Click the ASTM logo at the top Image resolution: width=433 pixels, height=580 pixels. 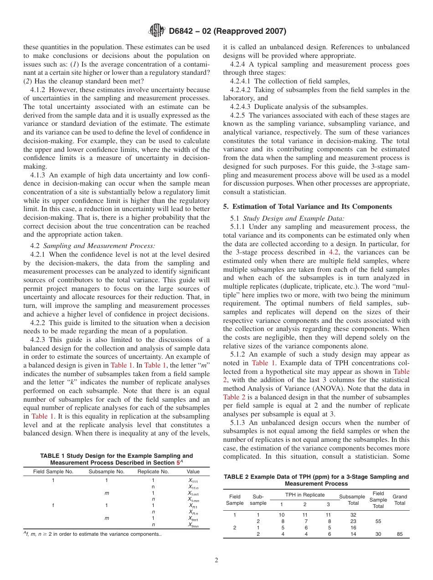click(157, 31)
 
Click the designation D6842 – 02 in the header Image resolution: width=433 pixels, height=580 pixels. click(227, 31)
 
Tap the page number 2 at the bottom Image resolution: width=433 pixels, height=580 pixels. click(216, 560)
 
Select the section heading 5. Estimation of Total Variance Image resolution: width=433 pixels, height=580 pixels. click(308, 207)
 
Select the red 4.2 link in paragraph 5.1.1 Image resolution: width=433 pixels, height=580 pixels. click(334, 252)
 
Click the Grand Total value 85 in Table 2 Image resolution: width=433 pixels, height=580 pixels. click(400, 534)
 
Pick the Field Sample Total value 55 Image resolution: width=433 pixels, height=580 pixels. click(378, 521)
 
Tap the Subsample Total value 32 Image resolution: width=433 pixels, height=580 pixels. click(353, 515)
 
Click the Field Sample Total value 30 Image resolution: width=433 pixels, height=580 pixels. click(378, 534)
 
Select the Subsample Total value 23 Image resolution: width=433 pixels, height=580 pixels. click(353, 521)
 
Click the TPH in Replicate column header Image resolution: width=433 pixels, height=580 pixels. click(304, 495)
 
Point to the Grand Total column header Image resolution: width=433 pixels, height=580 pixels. click(400, 500)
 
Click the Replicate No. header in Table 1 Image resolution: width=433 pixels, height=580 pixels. click(153, 471)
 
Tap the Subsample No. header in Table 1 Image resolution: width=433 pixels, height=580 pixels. click(106, 471)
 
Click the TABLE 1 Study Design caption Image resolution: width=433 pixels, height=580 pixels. click(116, 459)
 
